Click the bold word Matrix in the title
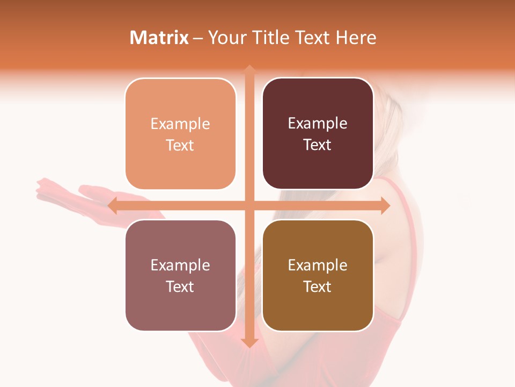click(x=159, y=38)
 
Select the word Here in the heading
click(x=356, y=38)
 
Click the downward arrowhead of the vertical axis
click(x=249, y=342)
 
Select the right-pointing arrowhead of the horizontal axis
click(x=385, y=205)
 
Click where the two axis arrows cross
click(x=249, y=205)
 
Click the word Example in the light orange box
click(x=180, y=124)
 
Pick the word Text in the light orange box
click(x=180, y=146)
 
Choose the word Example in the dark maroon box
click(x=318, y=124)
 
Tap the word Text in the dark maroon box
click(x=318, y=145)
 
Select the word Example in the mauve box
click(x=180, y=266)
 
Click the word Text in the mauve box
click(x=180, y=287)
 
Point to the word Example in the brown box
click(x=318, y=266)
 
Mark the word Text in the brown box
click(x=318, y=287)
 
